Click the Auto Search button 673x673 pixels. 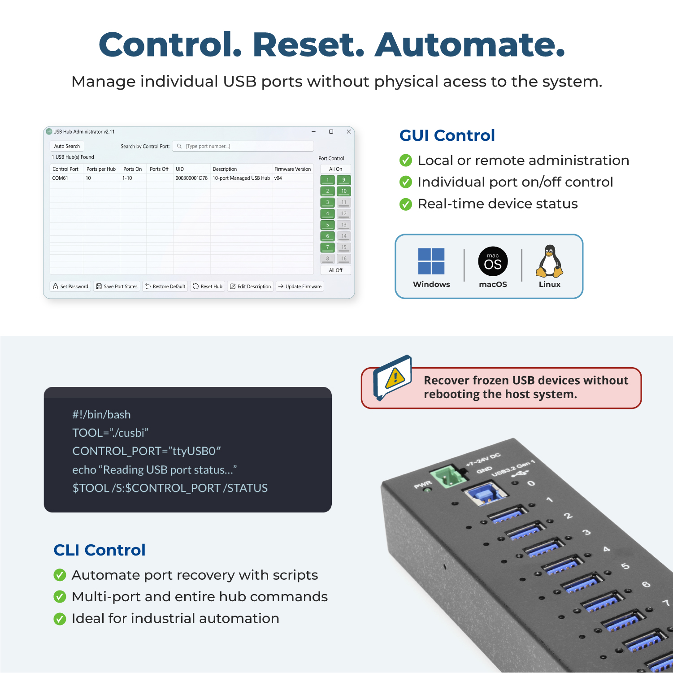[67, 146]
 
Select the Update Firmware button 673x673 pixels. [300, 287]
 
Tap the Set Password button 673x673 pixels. [70, 287]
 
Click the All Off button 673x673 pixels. [335, 270]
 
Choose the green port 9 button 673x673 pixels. [344, 180]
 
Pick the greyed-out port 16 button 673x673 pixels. [344, 259]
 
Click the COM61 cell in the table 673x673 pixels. [60, 178]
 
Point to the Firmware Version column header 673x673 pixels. [292, 169]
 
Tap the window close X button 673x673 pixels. [349, 132]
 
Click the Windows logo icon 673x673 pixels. [431, 261]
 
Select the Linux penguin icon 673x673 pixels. [549, 261]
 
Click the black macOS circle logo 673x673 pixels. [493, 261]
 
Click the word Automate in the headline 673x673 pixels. [470, 45]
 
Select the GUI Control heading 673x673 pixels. [447, 135]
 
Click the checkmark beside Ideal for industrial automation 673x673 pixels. [60, 619]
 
